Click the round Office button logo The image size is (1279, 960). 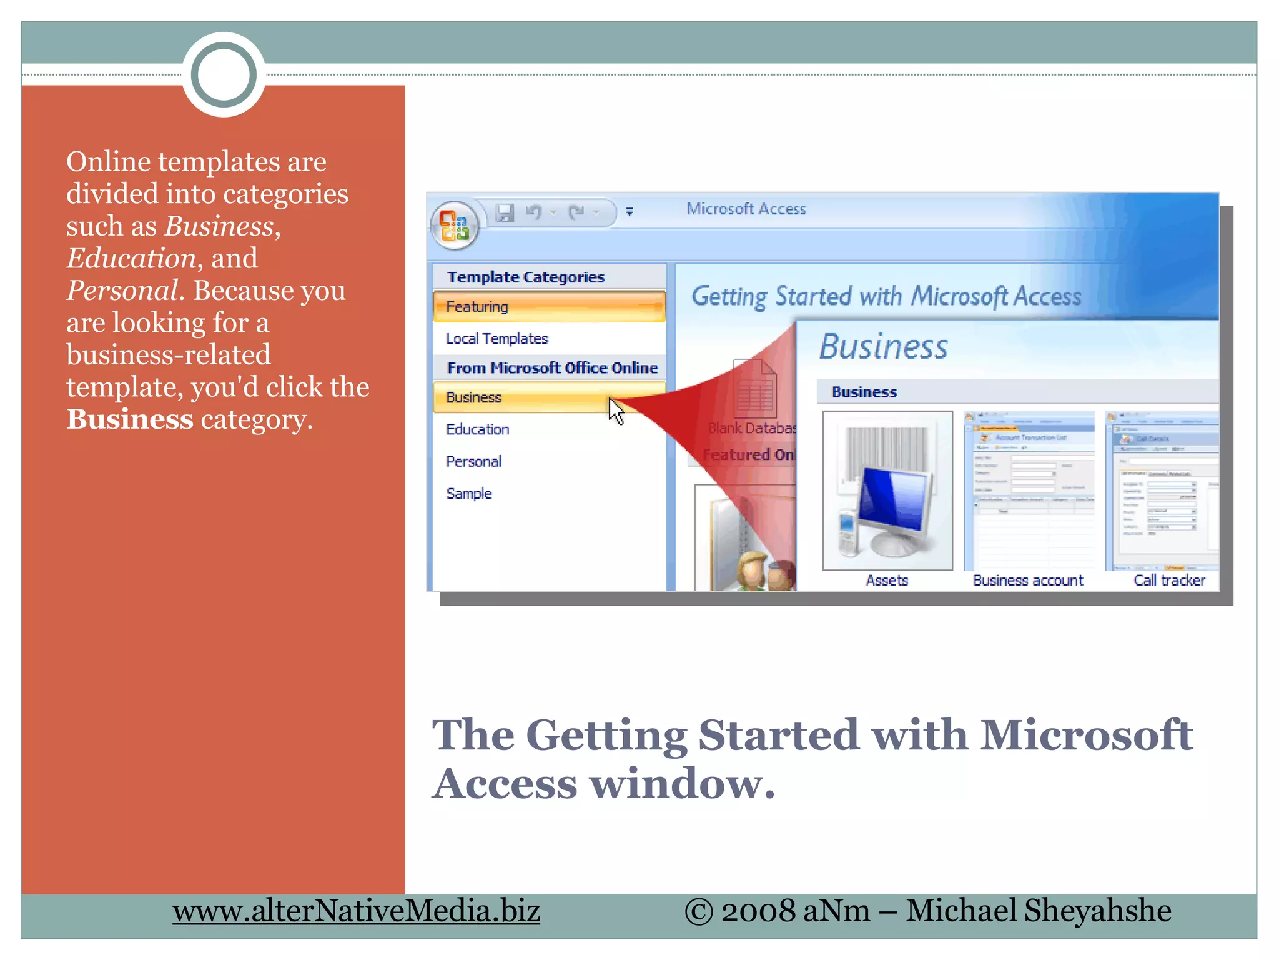coord(454,225)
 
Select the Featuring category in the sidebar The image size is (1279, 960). coord(477,307)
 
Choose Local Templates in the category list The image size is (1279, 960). coord(496,339)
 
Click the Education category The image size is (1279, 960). coord(478,429)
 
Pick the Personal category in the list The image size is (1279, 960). coord(473,462)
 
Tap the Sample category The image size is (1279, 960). coord(469,494)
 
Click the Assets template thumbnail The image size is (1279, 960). coord(887,491)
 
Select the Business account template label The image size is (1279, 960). coord(1028,581)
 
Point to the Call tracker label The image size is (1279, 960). coord(1169,581)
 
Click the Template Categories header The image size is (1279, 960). coord(526,277)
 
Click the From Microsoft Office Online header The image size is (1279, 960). coord(552,368)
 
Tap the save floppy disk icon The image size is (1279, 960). coord(505,213)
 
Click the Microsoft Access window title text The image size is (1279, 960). coord(746,209)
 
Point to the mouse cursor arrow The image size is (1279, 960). coord(616,411)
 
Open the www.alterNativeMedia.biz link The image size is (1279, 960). coord(356,911)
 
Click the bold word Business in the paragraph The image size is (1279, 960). coord(130,419)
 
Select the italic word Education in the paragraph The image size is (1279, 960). coord(131,258)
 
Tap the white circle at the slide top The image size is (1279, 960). coord(224,74)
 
